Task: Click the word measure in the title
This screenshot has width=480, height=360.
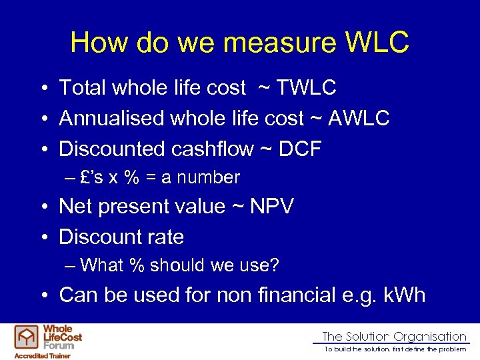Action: pos(263,43)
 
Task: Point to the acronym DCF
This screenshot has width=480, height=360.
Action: pos(299,149)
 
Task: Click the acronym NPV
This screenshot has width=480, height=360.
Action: pos(271,207)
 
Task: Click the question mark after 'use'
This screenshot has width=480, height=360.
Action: pos(275,265)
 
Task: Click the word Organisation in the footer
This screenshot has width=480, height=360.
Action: pos(429,337)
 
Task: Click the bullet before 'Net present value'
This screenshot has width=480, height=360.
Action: pos(42,207)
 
